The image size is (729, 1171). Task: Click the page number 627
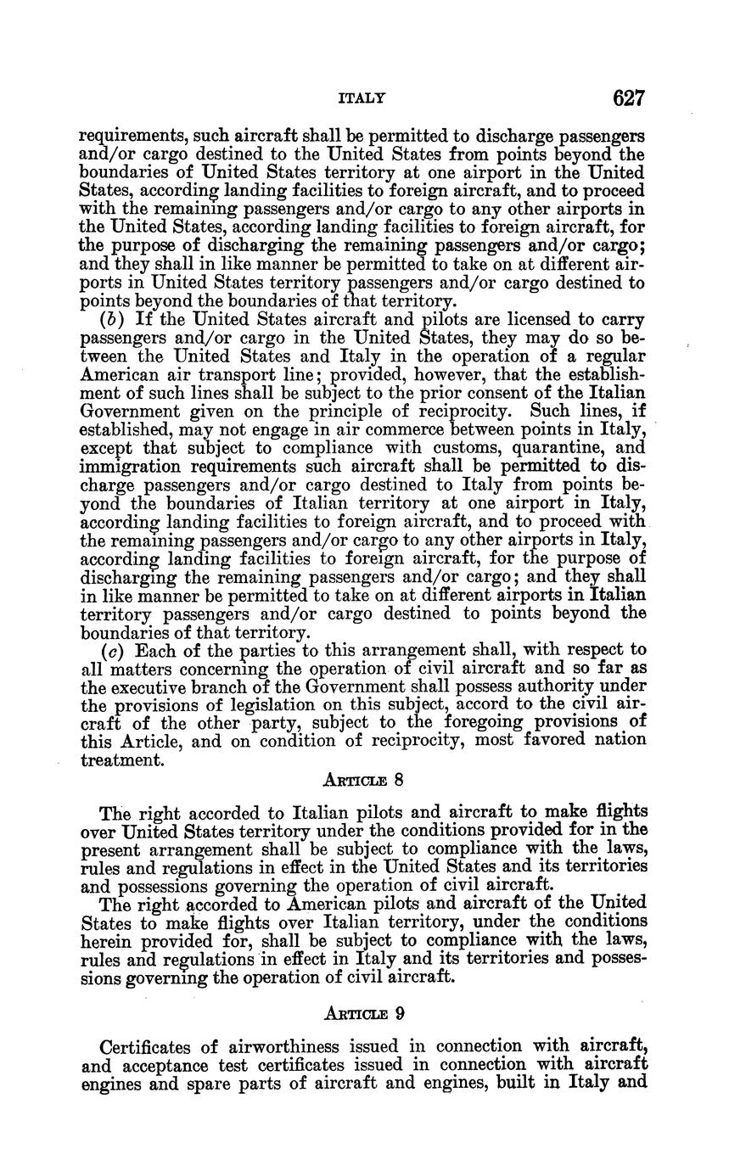(x=629, y=99)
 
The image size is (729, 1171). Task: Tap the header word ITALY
(x=362, y=99)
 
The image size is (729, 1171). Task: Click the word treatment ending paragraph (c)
(x=121, y=759)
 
